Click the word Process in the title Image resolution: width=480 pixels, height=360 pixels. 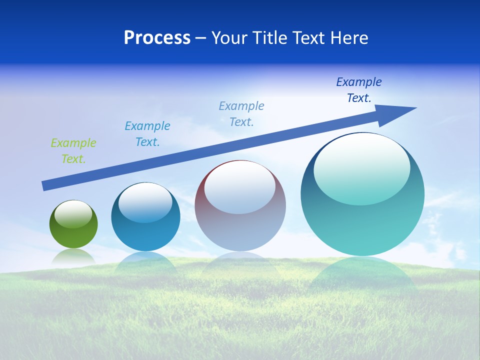tap(157, 38)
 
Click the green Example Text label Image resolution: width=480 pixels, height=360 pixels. tap(73, 151)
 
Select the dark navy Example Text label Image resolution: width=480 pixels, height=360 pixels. tap(358, 90)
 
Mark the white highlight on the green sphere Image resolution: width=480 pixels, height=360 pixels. tap(73, 214)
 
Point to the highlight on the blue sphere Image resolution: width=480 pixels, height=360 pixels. tap(145, 203)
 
